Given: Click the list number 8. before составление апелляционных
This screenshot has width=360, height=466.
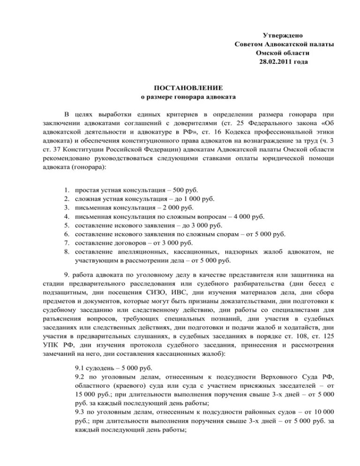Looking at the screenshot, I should pyautogui.click(x=66, y=252).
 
